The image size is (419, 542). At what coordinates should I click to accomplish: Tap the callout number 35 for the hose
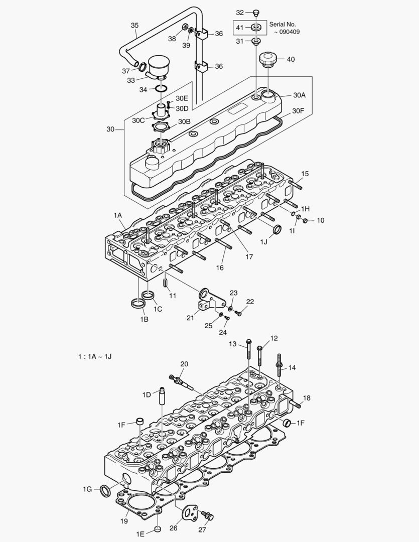134,25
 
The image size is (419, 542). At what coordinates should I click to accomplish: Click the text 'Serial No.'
283,24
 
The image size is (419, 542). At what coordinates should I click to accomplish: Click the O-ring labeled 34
160,89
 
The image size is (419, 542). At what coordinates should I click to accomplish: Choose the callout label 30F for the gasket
298,110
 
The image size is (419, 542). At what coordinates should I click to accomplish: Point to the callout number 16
220,267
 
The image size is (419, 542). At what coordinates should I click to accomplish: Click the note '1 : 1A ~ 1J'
94,356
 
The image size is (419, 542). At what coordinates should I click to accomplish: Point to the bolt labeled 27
207,515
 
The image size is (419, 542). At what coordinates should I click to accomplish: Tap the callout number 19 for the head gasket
124,521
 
